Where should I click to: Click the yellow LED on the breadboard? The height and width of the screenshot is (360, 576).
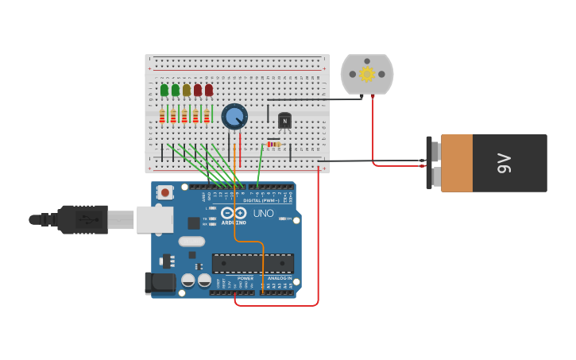(187, 90)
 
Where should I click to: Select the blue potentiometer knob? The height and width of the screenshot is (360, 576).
(234, 117)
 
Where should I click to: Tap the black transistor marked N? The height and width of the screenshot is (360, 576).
(284, 120)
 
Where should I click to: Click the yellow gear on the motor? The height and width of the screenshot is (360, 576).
(367, 74)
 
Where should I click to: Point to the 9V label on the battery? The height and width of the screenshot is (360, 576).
(504, 163)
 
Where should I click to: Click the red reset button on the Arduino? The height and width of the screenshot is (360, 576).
(165, 192)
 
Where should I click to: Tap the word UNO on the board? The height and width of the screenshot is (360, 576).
(263, 214)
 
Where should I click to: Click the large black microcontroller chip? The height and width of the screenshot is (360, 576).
(253, 263)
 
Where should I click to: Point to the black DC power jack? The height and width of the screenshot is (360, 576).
(160, 282)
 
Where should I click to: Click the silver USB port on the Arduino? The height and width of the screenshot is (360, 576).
(154, 219)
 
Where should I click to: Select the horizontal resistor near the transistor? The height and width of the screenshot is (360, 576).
(273, 144)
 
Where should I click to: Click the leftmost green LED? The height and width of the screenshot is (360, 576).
(164, 90)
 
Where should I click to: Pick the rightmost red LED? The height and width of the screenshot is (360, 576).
(209, 90)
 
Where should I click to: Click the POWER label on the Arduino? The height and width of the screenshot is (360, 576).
(245, 278)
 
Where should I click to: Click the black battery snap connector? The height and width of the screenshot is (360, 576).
(430, 163)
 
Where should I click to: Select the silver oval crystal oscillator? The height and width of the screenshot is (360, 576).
(191, 242)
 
